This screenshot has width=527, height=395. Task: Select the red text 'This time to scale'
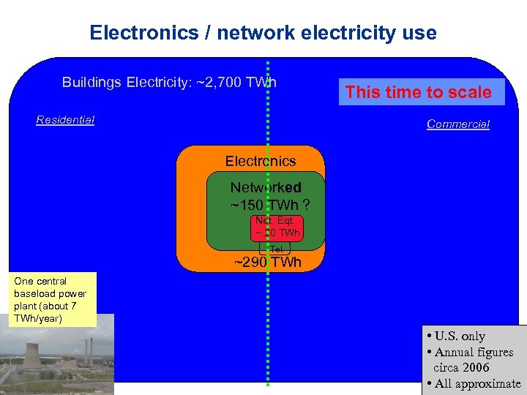[x=418, y=92]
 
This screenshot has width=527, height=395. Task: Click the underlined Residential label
[x=65, y=120]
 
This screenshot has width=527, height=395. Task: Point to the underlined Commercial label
[x=457, y=124]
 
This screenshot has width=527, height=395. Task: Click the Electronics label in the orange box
[x=260, y=161]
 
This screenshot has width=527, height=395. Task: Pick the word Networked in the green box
[x=266, y=188]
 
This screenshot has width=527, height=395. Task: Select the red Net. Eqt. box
[x=277, y=227]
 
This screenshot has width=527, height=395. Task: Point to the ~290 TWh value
[x=267, y=263]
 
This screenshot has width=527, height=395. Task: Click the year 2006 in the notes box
[x=476, y=368]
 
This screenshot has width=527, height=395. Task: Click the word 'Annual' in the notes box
[x=457, y=353]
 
